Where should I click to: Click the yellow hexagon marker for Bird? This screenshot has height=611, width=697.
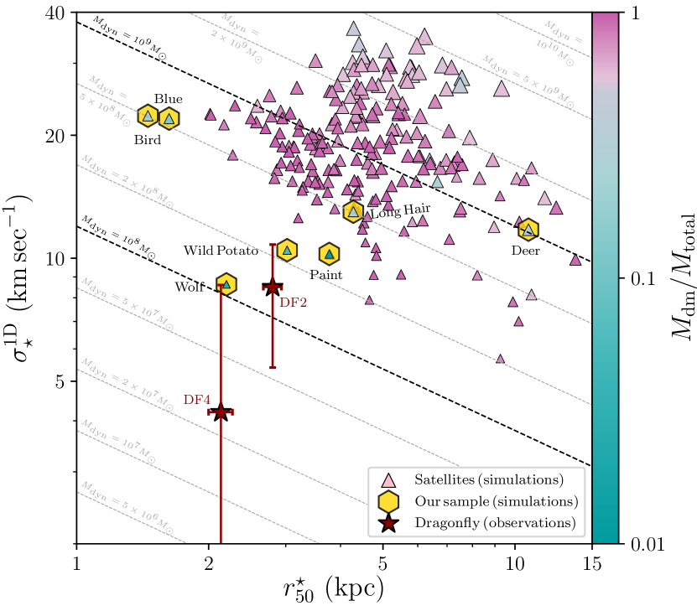[148, 117]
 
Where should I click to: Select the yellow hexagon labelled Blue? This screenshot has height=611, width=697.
[169, 119]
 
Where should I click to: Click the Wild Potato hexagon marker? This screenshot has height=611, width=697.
[288, 250]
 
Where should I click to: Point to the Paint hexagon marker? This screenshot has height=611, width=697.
[330, 254]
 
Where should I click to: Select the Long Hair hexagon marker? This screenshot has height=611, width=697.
[353, 212]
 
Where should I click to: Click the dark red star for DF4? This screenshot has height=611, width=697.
[221, 412]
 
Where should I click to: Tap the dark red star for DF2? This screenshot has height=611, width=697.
[272, 287]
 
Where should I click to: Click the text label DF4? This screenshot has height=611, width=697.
[196, 400]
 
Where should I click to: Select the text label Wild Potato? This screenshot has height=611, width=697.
[221, 251]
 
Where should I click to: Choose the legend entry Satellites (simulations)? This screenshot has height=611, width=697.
[487, 480]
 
